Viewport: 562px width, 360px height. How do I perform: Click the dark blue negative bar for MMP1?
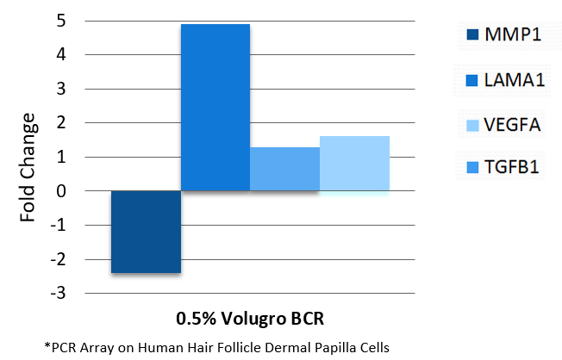point(146,232)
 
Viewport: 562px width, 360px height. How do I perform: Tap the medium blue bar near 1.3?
point(284,169)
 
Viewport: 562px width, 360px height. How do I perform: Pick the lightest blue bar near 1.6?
point(354,164)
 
